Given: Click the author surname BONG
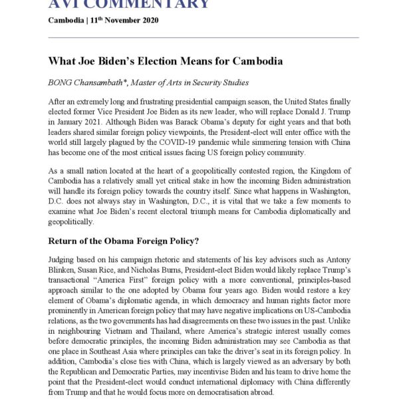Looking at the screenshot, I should click(x=61, y=82).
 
